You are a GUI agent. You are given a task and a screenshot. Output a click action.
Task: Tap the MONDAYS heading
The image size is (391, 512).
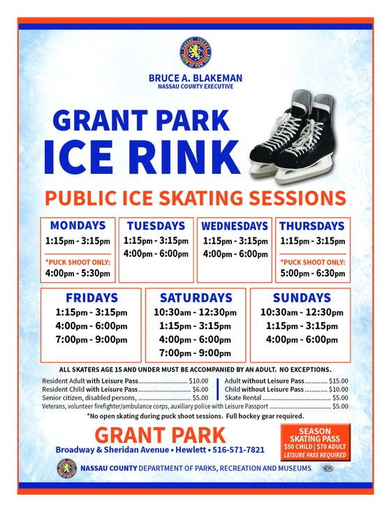click(78, 226)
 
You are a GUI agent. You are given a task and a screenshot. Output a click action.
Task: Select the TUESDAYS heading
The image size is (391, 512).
click(156, 226)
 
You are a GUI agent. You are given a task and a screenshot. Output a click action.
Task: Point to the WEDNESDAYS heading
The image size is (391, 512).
click(235, 226)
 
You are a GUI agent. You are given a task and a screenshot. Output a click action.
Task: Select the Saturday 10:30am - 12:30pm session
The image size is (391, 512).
click(195, 312)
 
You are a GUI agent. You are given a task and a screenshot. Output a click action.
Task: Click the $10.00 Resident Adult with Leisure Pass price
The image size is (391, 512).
click(198, 381)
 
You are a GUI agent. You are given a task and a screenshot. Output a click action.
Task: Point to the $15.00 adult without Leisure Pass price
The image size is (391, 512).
click(339, 381)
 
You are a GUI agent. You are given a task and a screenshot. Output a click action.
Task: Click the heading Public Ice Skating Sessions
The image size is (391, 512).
click(195, 196)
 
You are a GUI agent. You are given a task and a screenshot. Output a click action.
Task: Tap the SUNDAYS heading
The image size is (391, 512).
click(302, 297)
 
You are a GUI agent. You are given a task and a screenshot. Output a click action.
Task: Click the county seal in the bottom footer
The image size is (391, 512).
click(66, 468)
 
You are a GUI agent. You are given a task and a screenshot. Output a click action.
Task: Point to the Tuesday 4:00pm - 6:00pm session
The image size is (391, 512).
click(156, 254)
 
